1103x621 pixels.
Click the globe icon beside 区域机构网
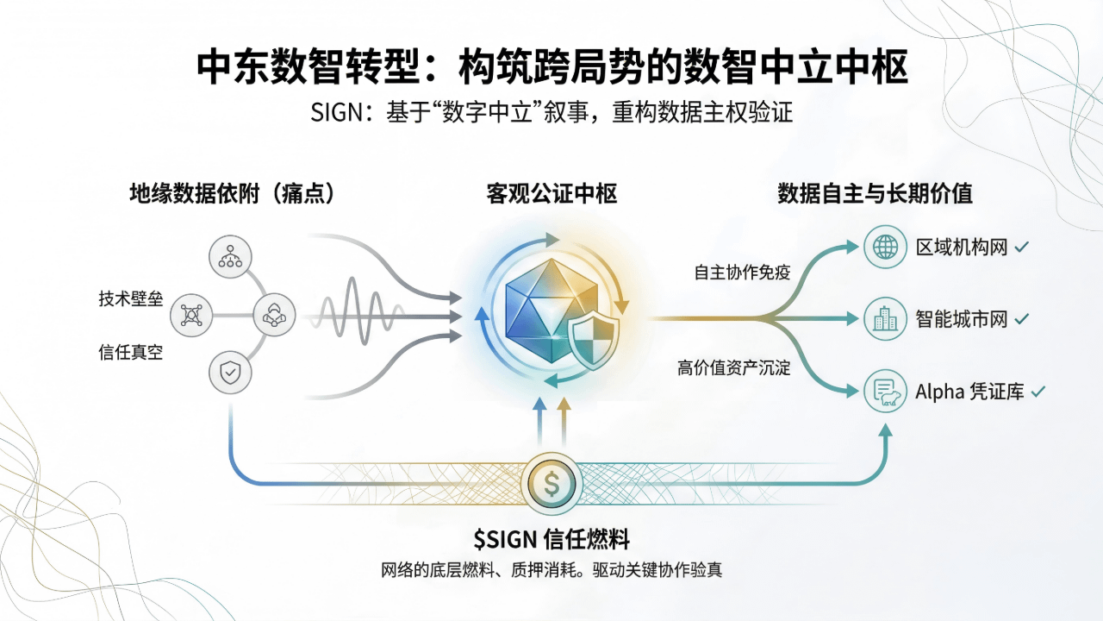[885, 248]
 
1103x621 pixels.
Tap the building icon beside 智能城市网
[885, 319]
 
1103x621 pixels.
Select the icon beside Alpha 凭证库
[885, 392]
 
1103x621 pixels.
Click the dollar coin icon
[551, 483]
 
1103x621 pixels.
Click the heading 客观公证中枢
[551, 194]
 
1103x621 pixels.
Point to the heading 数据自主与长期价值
[875, 194]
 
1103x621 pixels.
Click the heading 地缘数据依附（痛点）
[232, 194]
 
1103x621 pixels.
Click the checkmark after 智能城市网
[1022, 319]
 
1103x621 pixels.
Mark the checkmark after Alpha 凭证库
[1038, 392]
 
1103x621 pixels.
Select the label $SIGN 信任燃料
[551, 540]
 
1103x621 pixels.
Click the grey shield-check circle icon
[230, 373]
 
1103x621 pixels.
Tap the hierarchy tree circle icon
[230, 256]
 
